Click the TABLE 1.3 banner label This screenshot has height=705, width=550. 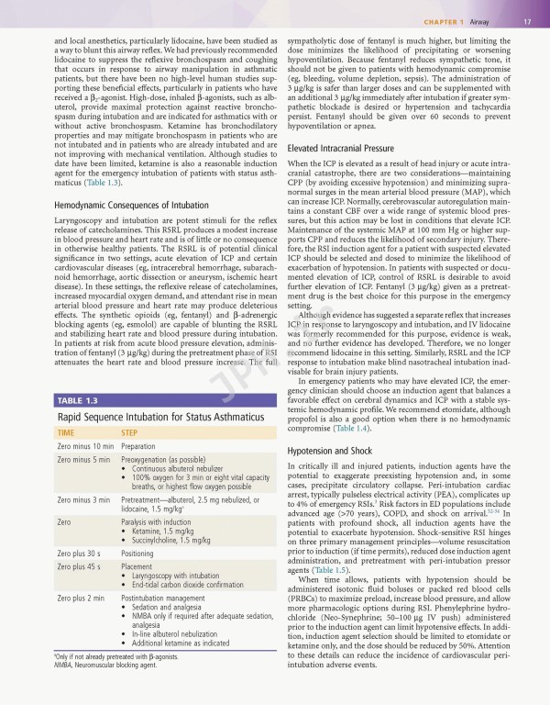click(x=78, y=401)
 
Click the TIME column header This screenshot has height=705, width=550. click(x=66, y=431)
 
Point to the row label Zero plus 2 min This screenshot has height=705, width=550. click(x=77, y=598)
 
